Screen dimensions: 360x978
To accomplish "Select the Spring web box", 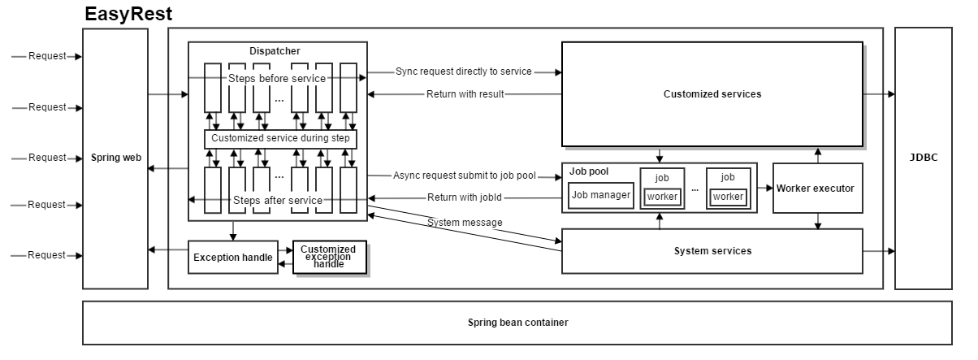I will (x=115, y=158).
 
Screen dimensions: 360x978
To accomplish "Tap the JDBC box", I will (x=924, y=158).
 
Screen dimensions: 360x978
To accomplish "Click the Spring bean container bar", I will (x=517, y=323).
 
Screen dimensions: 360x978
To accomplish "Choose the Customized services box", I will (x=712, y=94).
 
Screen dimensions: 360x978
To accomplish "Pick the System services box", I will (x=712, y=251).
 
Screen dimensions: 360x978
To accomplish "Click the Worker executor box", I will (x=815, y=188).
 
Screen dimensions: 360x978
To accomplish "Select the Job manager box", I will (x=601, y=195).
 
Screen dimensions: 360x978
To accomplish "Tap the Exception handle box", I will (x=232, y=258).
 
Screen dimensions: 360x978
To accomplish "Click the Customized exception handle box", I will (x=329, y=257).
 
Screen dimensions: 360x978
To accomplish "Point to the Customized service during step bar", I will (x=280, y=139).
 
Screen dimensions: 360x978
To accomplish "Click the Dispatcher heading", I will (x=275, y=51).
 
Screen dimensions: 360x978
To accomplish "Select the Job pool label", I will (x=588, y=171).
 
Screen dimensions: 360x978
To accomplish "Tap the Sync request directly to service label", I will (x=464, y=72).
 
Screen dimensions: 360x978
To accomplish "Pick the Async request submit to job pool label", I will (x=464, y=176).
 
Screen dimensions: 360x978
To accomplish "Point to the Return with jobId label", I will (x=464, y=197).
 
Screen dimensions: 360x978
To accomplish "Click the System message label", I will (x=465, y=223).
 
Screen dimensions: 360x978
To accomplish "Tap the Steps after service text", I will (x=278, y=200).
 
